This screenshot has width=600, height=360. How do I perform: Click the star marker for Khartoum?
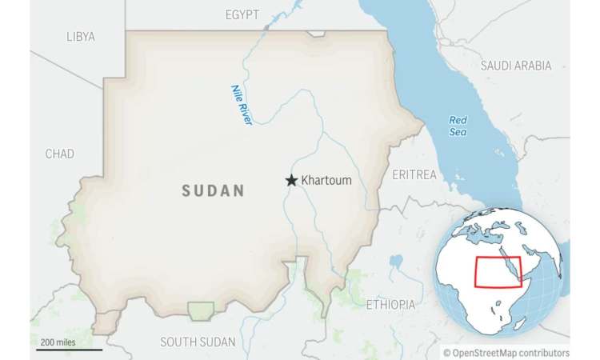tap(291, 181)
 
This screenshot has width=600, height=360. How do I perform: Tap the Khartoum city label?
tap(326, 181)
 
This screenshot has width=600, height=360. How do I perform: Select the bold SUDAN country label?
tap(213, 190)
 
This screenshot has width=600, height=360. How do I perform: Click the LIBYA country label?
tap(80, 37)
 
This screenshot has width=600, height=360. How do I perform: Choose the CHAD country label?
tap(59, 154)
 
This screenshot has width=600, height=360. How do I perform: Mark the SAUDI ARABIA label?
tap(516, 66)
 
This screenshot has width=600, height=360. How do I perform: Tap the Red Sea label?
tap(458, 126)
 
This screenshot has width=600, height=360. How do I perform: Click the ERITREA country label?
tap(414, 174)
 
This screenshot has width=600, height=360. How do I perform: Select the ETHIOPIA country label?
tap(391, 305)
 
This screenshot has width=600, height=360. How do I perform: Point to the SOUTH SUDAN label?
tap(198, 342)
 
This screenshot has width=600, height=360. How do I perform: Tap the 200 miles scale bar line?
tap(70, 350)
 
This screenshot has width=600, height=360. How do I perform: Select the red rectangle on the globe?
tap(498, 272)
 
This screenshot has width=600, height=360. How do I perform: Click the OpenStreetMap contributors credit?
tap(506, 352)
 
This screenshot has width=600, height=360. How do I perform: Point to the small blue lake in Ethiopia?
tap(395, 261)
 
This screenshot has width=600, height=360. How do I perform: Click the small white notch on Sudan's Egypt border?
tap(317, 34)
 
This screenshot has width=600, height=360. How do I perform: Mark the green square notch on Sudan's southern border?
tap(201, 310)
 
